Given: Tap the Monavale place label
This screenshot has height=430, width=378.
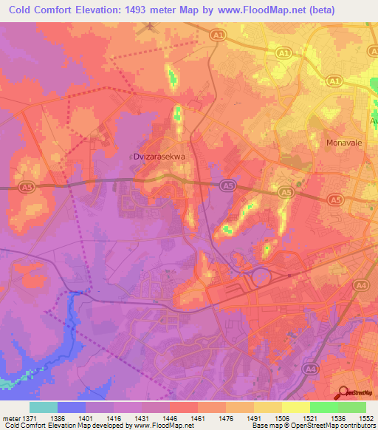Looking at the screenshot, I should (x=345, y=143).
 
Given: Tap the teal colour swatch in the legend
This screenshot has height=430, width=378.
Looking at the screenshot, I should (x=44, y=407).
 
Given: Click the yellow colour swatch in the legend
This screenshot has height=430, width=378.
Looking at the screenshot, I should (x=295, y=407).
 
